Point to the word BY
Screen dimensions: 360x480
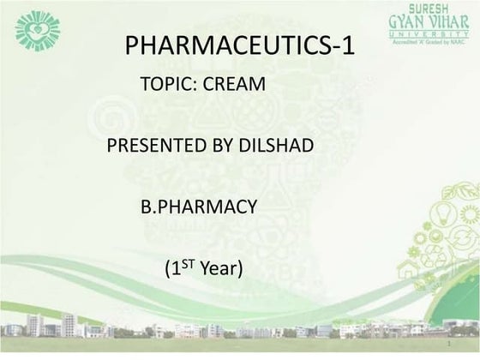(211, 146)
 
